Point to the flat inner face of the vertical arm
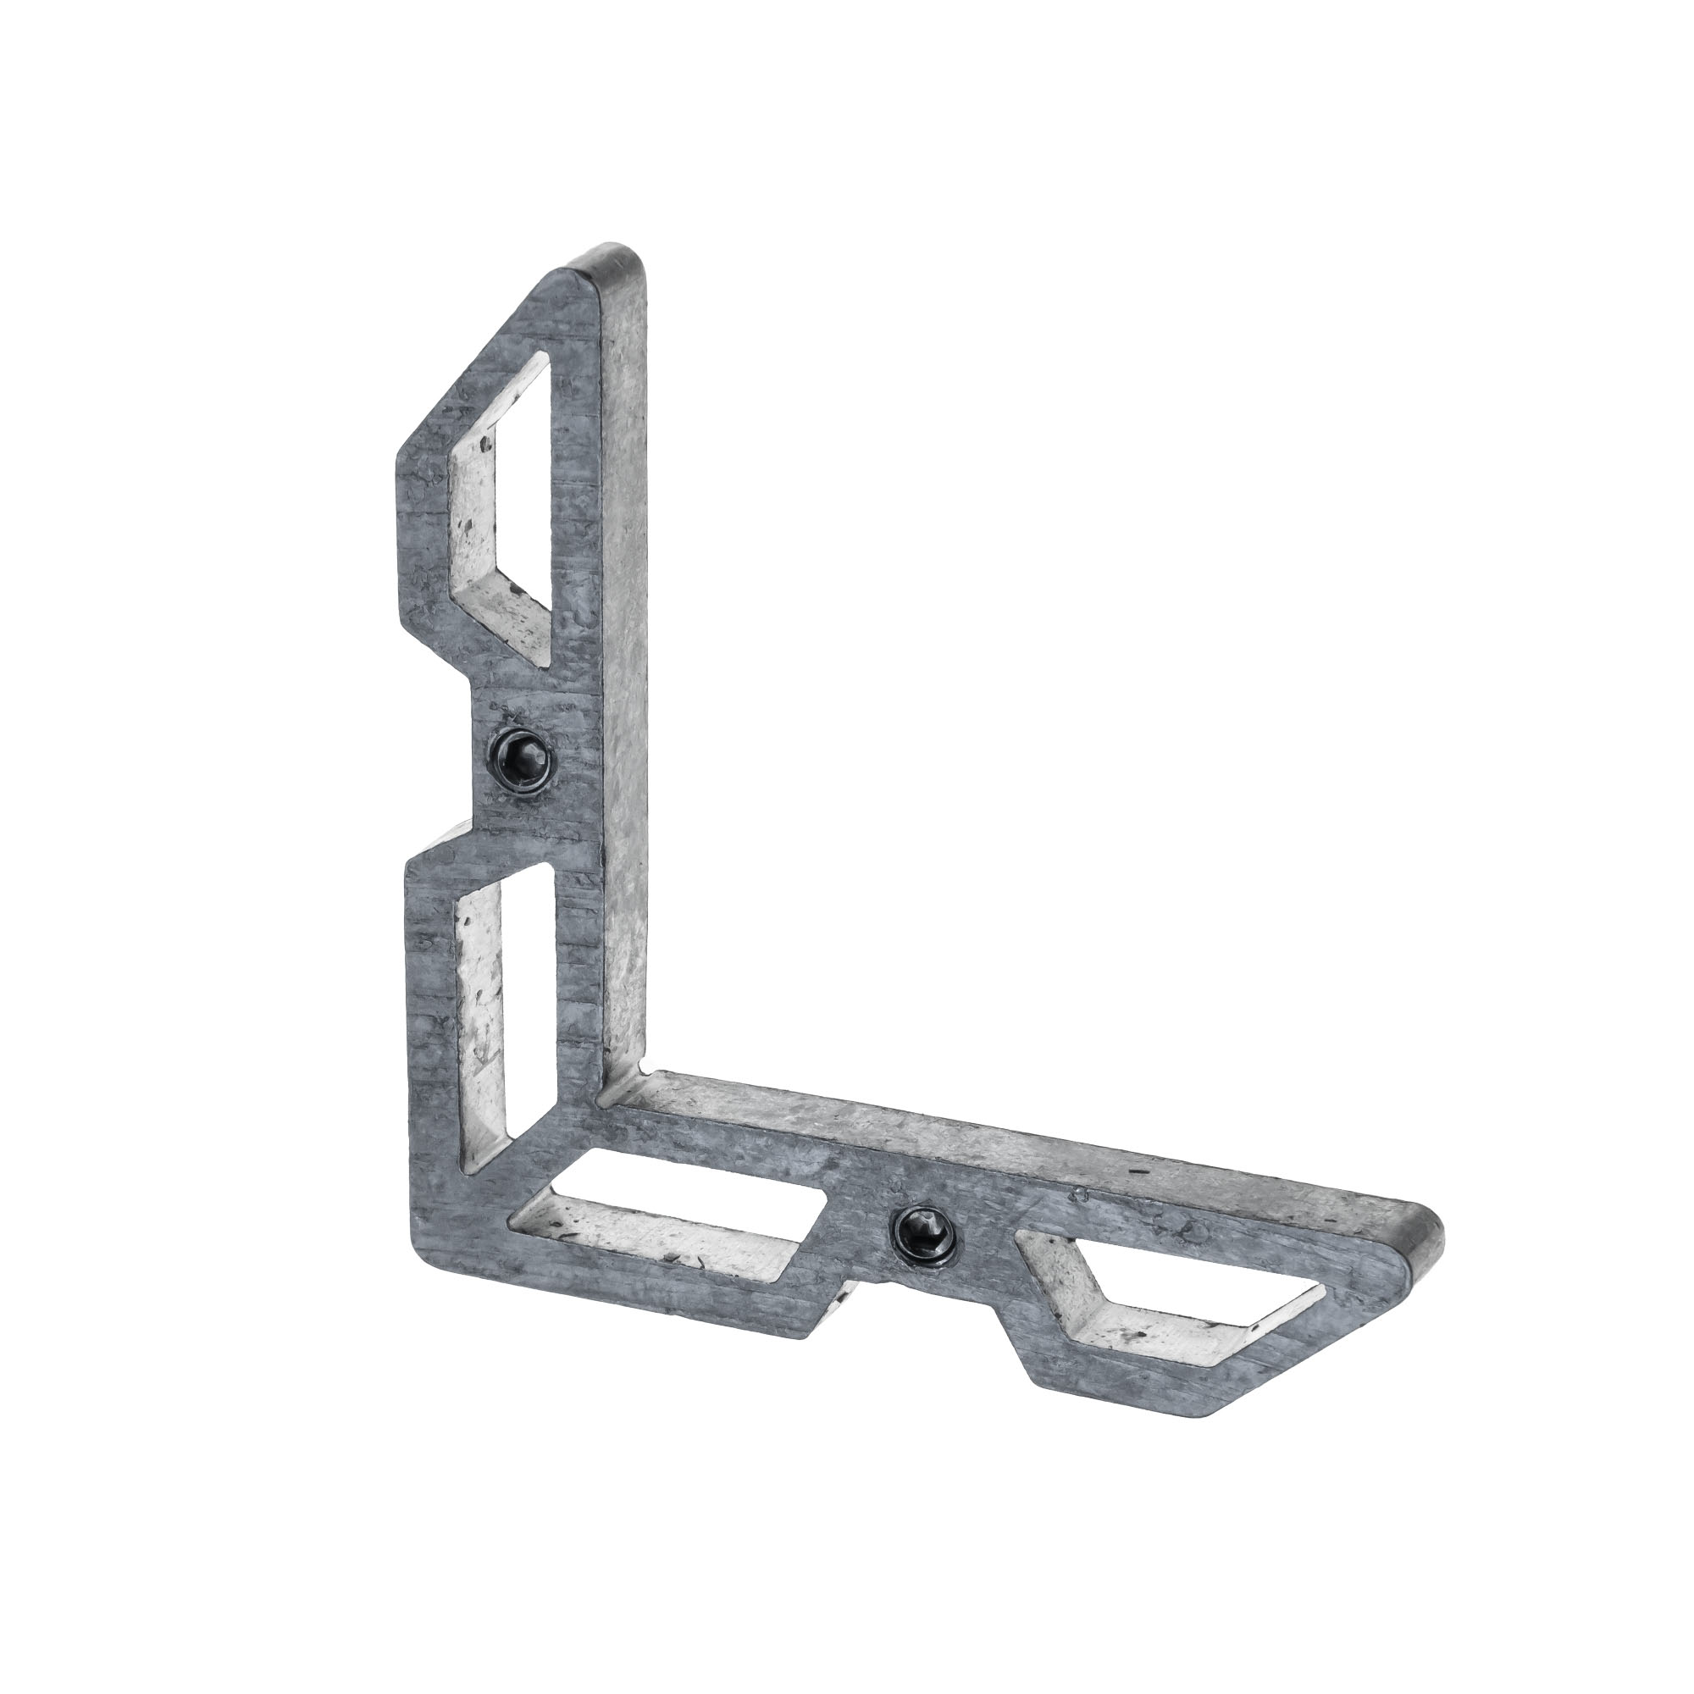627,657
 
